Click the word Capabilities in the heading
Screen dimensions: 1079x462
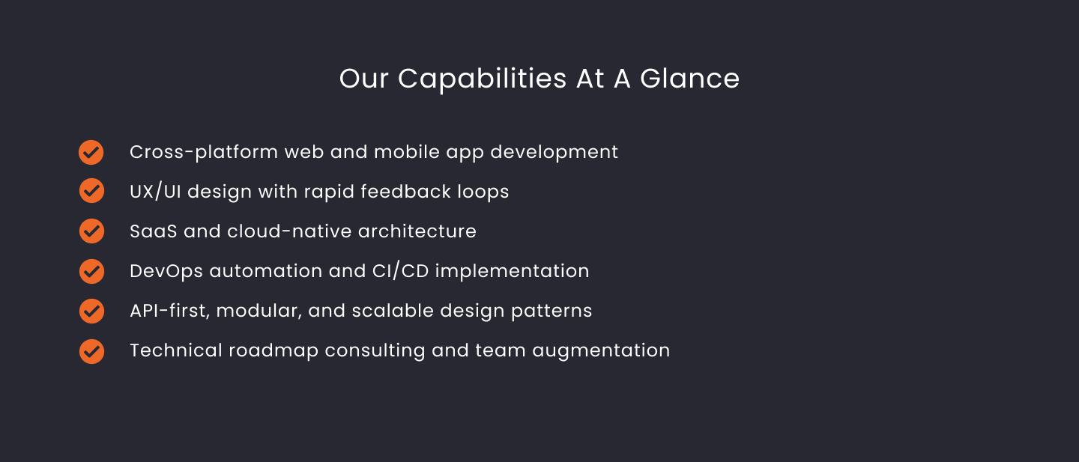click(483, 79)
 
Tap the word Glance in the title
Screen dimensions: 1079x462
click(690, 79)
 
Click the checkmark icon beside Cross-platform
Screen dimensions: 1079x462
click(91, 153)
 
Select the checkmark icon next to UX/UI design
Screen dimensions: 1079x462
click(91, 191)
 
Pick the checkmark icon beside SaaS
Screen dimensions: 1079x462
click(91, 231)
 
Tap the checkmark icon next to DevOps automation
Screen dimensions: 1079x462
click(91, 271)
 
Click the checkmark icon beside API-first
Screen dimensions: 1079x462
click(91, 311)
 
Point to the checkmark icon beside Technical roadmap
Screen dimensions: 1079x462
click(91, 351)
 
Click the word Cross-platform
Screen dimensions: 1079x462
click(204, 153)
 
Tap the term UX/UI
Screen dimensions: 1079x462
click(155, 192)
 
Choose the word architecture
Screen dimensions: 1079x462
click(417, 231)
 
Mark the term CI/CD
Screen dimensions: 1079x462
click(400, 271)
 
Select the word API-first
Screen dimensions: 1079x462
click(169, 311)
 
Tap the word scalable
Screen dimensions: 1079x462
click(393, 311)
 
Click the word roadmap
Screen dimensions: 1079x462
click(273, 351)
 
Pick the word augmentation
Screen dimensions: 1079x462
click(601, 351)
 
